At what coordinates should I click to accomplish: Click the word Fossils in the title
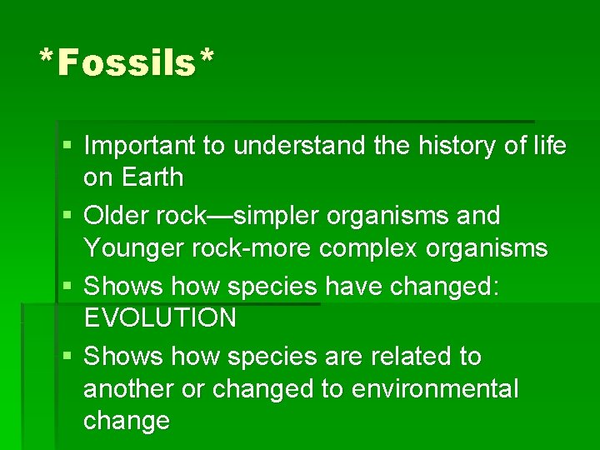click(x=127, y=63)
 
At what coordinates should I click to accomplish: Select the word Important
click(x=142, y=147)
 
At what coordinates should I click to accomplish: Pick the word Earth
click(x=152, y=177)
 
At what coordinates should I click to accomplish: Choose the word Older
click(x=117, y=216)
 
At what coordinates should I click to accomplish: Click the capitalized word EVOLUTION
click(x=160, y=318)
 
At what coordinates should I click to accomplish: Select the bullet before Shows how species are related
click(x=66, y=357)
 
